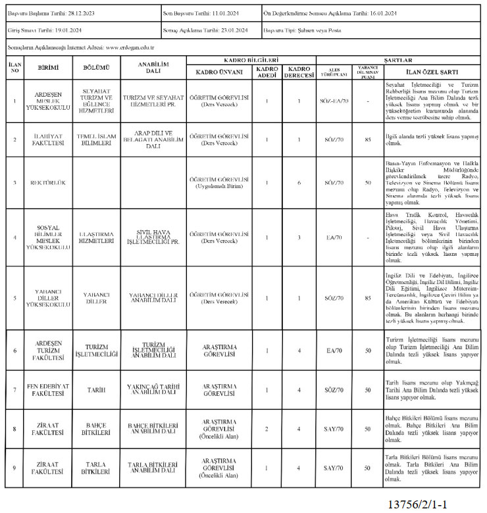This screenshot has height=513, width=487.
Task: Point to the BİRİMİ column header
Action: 48,68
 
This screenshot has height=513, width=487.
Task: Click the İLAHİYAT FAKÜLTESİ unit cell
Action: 48,139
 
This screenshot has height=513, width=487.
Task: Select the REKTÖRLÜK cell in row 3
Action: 48,182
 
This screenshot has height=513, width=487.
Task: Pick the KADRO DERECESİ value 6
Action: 299,182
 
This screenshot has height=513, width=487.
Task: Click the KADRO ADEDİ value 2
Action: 267,429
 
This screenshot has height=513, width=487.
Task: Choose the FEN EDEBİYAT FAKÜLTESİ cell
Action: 48,389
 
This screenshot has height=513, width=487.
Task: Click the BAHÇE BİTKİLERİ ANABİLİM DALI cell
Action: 153,429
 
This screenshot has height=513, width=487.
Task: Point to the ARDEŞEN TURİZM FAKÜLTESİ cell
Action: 48,351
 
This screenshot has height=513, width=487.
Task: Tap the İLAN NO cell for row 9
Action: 14,468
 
